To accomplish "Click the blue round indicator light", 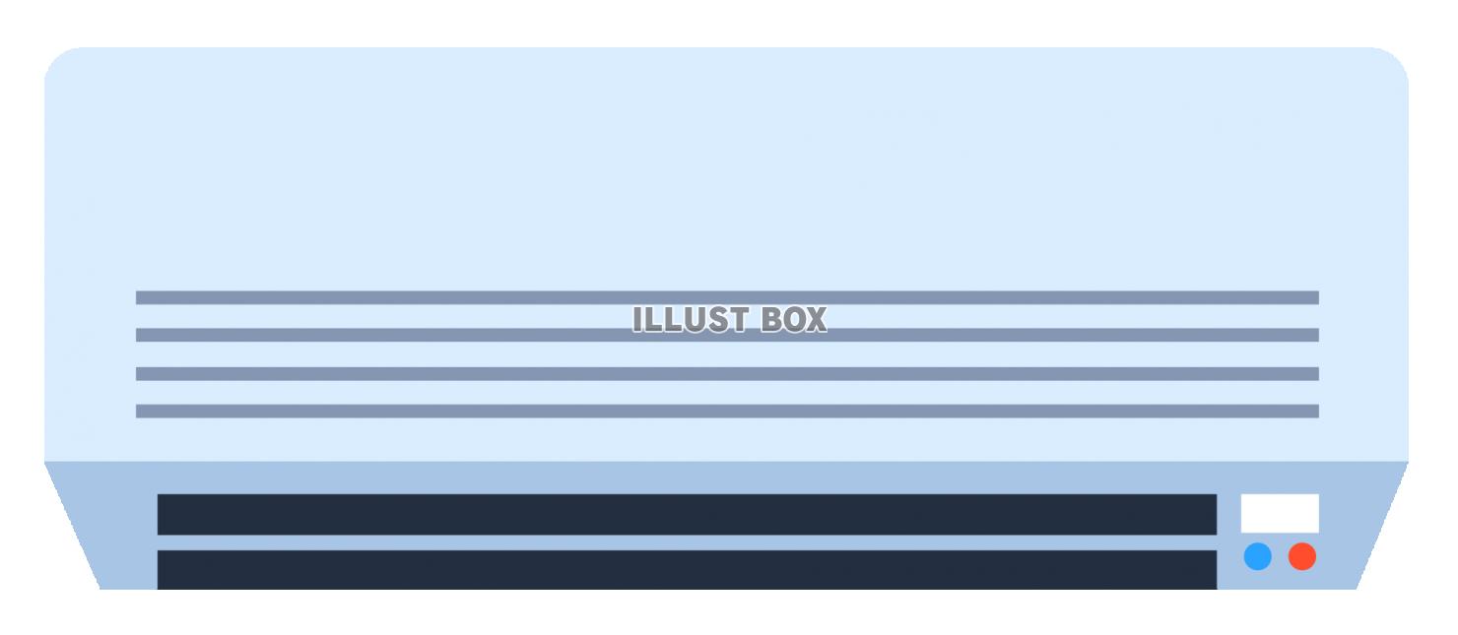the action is (1257, 557).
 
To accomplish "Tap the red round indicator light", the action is (1302, 557).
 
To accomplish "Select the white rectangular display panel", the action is (1280, 513).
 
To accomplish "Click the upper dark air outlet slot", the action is (687, 515).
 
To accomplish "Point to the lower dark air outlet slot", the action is (687, 570).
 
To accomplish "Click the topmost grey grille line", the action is (727, 298).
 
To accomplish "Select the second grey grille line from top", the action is (727, 335).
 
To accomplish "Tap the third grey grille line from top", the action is (727, 373).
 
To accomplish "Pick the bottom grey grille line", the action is (727, 412).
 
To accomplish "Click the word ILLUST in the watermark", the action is (691, 319).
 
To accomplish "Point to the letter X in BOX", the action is (816, 319).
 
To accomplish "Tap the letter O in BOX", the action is (792, 319).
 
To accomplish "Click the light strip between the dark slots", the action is (687, 542).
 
